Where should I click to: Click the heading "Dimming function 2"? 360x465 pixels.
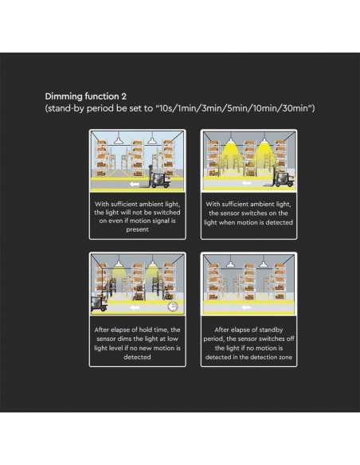[86, 96]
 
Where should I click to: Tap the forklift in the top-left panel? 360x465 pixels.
[159, 180]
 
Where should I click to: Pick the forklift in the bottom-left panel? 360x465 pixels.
[99, 303]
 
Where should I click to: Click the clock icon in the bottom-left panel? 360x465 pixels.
[173, 307]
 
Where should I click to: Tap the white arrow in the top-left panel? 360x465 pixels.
[135, 185]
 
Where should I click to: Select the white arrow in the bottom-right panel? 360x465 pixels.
[245, 307]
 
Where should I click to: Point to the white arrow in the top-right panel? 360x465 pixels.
[246, 183]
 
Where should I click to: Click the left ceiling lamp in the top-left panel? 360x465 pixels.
[119, 140]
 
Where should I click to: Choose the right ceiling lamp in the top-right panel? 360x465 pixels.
[264, 139]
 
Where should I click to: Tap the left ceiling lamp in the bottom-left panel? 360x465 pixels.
[119, 263]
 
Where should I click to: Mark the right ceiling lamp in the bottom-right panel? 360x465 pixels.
[263, 264]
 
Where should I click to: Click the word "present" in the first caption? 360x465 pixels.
[137, 229]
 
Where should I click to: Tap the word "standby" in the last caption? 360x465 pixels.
[271, 330]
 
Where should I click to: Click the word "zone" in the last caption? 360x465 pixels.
[285, 357]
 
